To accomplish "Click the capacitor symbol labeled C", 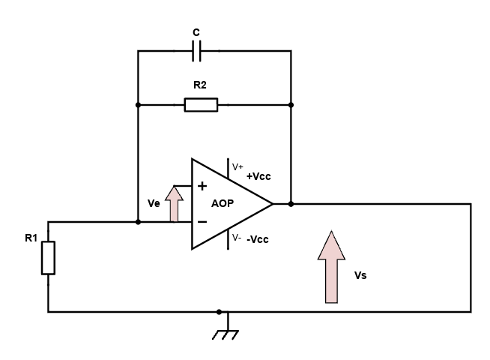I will [196, 51].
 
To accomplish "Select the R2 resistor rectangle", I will [201, 105].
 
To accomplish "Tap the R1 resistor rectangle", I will [48, 257].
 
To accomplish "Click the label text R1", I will [31, 239].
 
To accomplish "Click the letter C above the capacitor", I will [196, 32].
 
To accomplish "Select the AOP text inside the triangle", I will [223, 203].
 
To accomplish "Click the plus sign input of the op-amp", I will [202, 186].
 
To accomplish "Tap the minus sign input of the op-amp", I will [202, 221].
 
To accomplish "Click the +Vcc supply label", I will [258, 176].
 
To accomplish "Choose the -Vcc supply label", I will [258, 239].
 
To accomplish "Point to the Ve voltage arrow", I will [174, 203].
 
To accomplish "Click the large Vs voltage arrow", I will [330, 267].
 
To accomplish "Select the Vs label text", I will [360, 275].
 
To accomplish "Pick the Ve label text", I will [154, 203].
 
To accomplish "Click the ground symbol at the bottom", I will [224, 331].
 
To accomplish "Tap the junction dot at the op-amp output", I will [291, 203].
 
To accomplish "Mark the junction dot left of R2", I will [138, 105].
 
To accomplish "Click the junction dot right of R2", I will [291, 105].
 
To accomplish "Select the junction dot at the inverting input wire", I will [138, 222].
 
